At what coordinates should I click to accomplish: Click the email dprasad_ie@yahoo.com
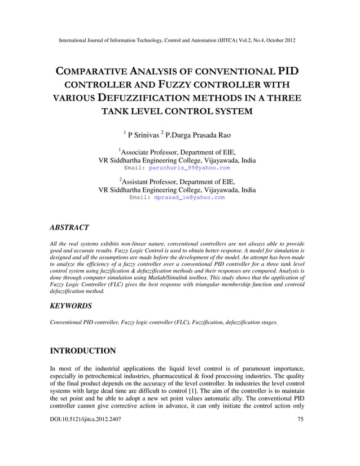click(x=190, y=197)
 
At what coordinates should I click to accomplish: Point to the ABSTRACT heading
click(x=69, y=227)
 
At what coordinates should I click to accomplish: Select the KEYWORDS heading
click(x=72, y=305)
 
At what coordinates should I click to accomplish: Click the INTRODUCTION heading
click(x=83, y=351)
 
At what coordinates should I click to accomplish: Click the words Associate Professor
click(x=150, y=152)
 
